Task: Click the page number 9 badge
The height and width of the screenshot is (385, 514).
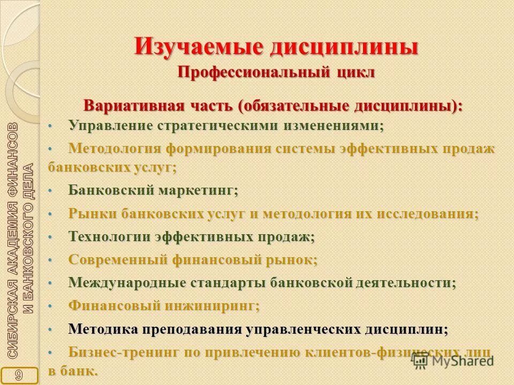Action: coord(19,375)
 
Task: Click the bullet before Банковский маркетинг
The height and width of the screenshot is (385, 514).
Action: coord(50,190)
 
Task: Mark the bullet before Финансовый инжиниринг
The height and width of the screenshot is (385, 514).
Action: coord(50,306)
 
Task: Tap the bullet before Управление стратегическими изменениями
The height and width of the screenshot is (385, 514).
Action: coord(50,126)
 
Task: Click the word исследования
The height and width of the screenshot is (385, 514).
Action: coord(429,214)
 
